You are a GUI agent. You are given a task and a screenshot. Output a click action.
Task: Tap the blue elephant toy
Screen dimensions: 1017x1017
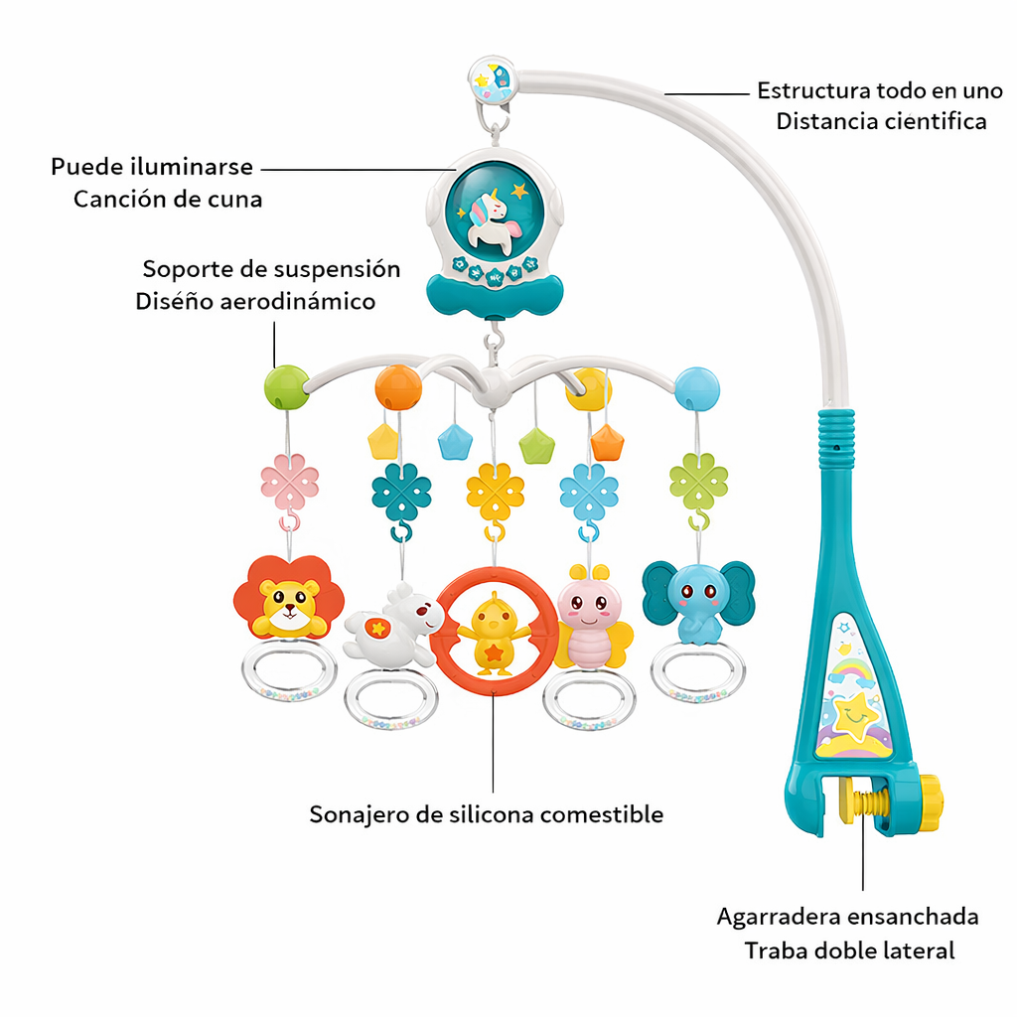(x=697, y=599)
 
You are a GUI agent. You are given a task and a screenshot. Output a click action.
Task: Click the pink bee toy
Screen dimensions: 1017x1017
(x=590, y=620)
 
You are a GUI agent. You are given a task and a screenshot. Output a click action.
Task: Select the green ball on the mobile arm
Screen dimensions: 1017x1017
(x=287, y=387)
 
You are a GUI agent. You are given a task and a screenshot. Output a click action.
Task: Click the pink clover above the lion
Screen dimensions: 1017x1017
(x=290, y=482)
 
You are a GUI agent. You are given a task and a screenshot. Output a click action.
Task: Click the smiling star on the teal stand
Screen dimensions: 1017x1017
(x=855, y=716)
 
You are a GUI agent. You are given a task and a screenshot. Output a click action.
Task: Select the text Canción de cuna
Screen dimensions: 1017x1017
(x=168, y=199)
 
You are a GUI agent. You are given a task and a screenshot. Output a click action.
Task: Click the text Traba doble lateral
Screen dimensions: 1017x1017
(x=849, y=950)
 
